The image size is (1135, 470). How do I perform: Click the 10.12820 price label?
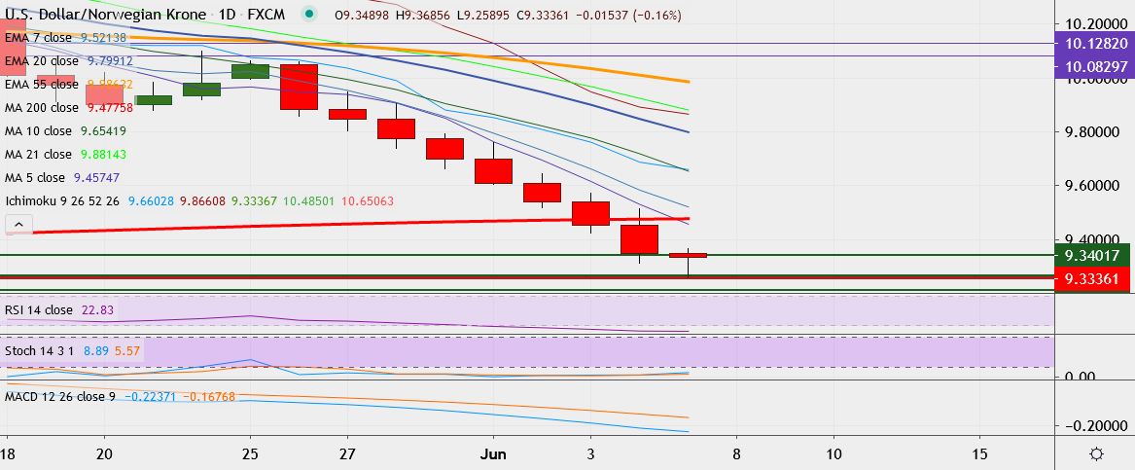(1094, 44)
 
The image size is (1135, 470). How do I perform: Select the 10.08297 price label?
(1094, 66)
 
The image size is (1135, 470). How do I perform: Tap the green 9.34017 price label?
(1094, 256)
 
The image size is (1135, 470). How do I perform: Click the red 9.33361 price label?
(1094, 280)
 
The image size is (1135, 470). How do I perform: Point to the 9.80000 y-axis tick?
(1095, 131)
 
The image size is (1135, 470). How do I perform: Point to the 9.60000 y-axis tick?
(1095, 185)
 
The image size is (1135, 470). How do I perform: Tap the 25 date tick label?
(250, 454)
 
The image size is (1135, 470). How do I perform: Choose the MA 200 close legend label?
(41, 107)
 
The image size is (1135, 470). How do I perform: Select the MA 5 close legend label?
(35, 178)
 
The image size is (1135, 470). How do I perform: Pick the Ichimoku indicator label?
(31, 201)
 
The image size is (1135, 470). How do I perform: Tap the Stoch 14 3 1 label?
(40, 349)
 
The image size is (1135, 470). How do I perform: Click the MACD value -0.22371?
(151, 397)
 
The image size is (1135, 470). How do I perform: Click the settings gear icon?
(1095, 454)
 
